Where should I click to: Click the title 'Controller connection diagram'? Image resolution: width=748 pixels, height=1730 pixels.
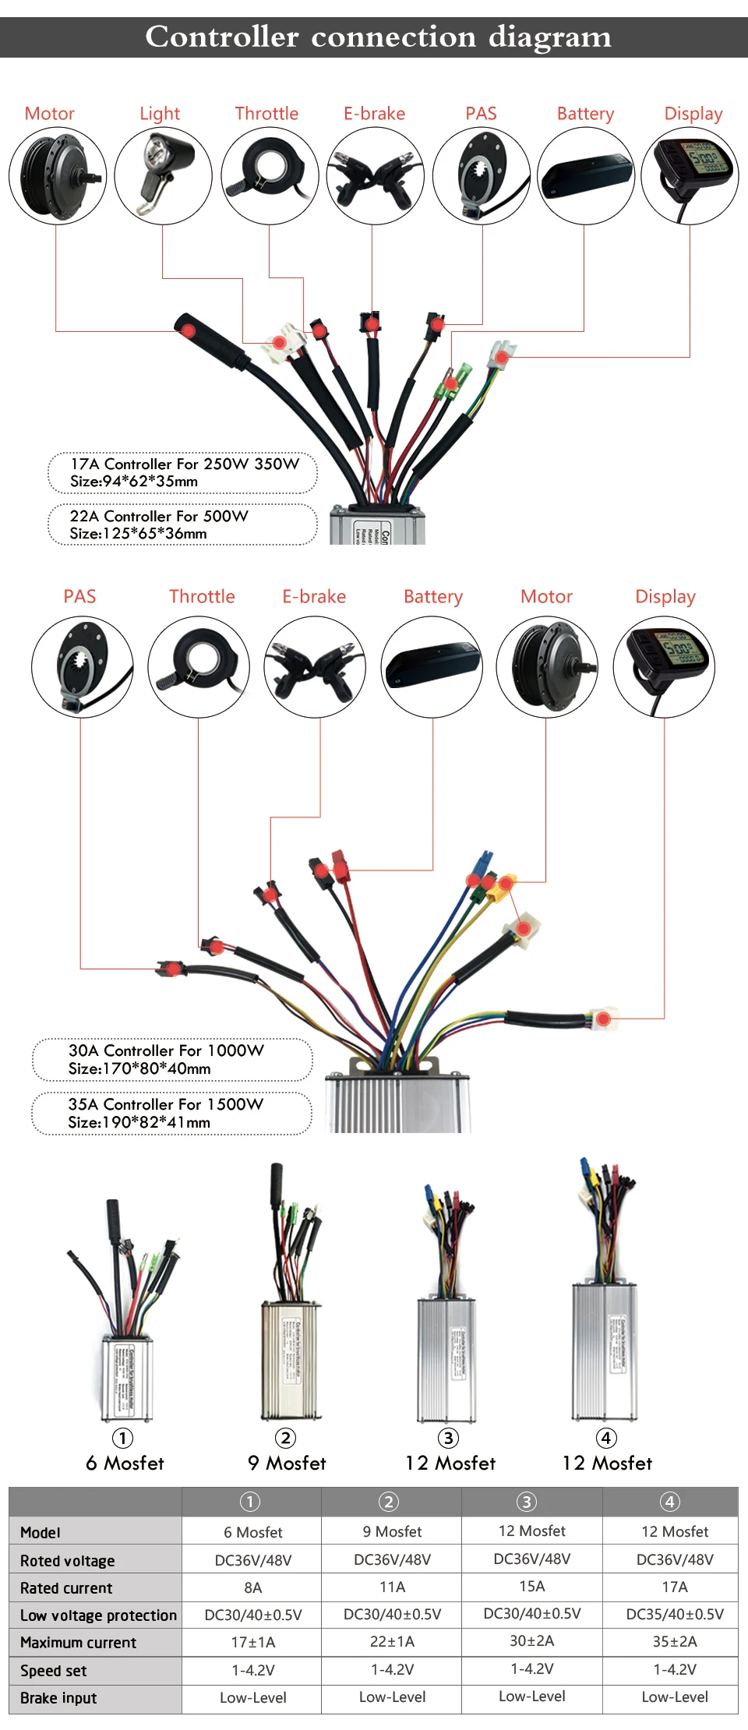tap(378, 37)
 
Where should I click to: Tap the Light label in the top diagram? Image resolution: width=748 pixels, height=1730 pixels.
tap(160, 114)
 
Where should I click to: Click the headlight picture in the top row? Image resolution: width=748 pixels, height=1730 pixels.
tap(163, 176)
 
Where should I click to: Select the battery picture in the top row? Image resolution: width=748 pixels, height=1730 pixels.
tap(586, 176)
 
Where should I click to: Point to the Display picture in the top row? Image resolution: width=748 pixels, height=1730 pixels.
tap(690, 176)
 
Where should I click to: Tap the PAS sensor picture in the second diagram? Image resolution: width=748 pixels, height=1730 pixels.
tap(82, 667)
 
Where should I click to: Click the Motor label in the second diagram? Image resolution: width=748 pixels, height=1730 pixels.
tap(546, 597)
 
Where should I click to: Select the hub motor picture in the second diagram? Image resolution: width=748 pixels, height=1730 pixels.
tap(547, 667)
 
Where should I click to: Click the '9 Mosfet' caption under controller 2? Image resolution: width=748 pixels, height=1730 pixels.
tap(287, 1463)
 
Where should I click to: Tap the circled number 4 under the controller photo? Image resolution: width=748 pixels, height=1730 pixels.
tap(606, 1438)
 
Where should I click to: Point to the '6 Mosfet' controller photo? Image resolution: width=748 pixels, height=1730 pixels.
tap(125, 1317)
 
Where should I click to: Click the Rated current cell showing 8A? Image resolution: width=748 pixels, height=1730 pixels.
tap(252, 1587)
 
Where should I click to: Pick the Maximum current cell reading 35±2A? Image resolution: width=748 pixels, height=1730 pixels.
tap(675, 1641)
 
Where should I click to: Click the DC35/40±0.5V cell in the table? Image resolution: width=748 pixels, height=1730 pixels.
tap(675, 1614)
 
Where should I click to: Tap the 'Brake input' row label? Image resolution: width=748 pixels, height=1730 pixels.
tap(58, 1698)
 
